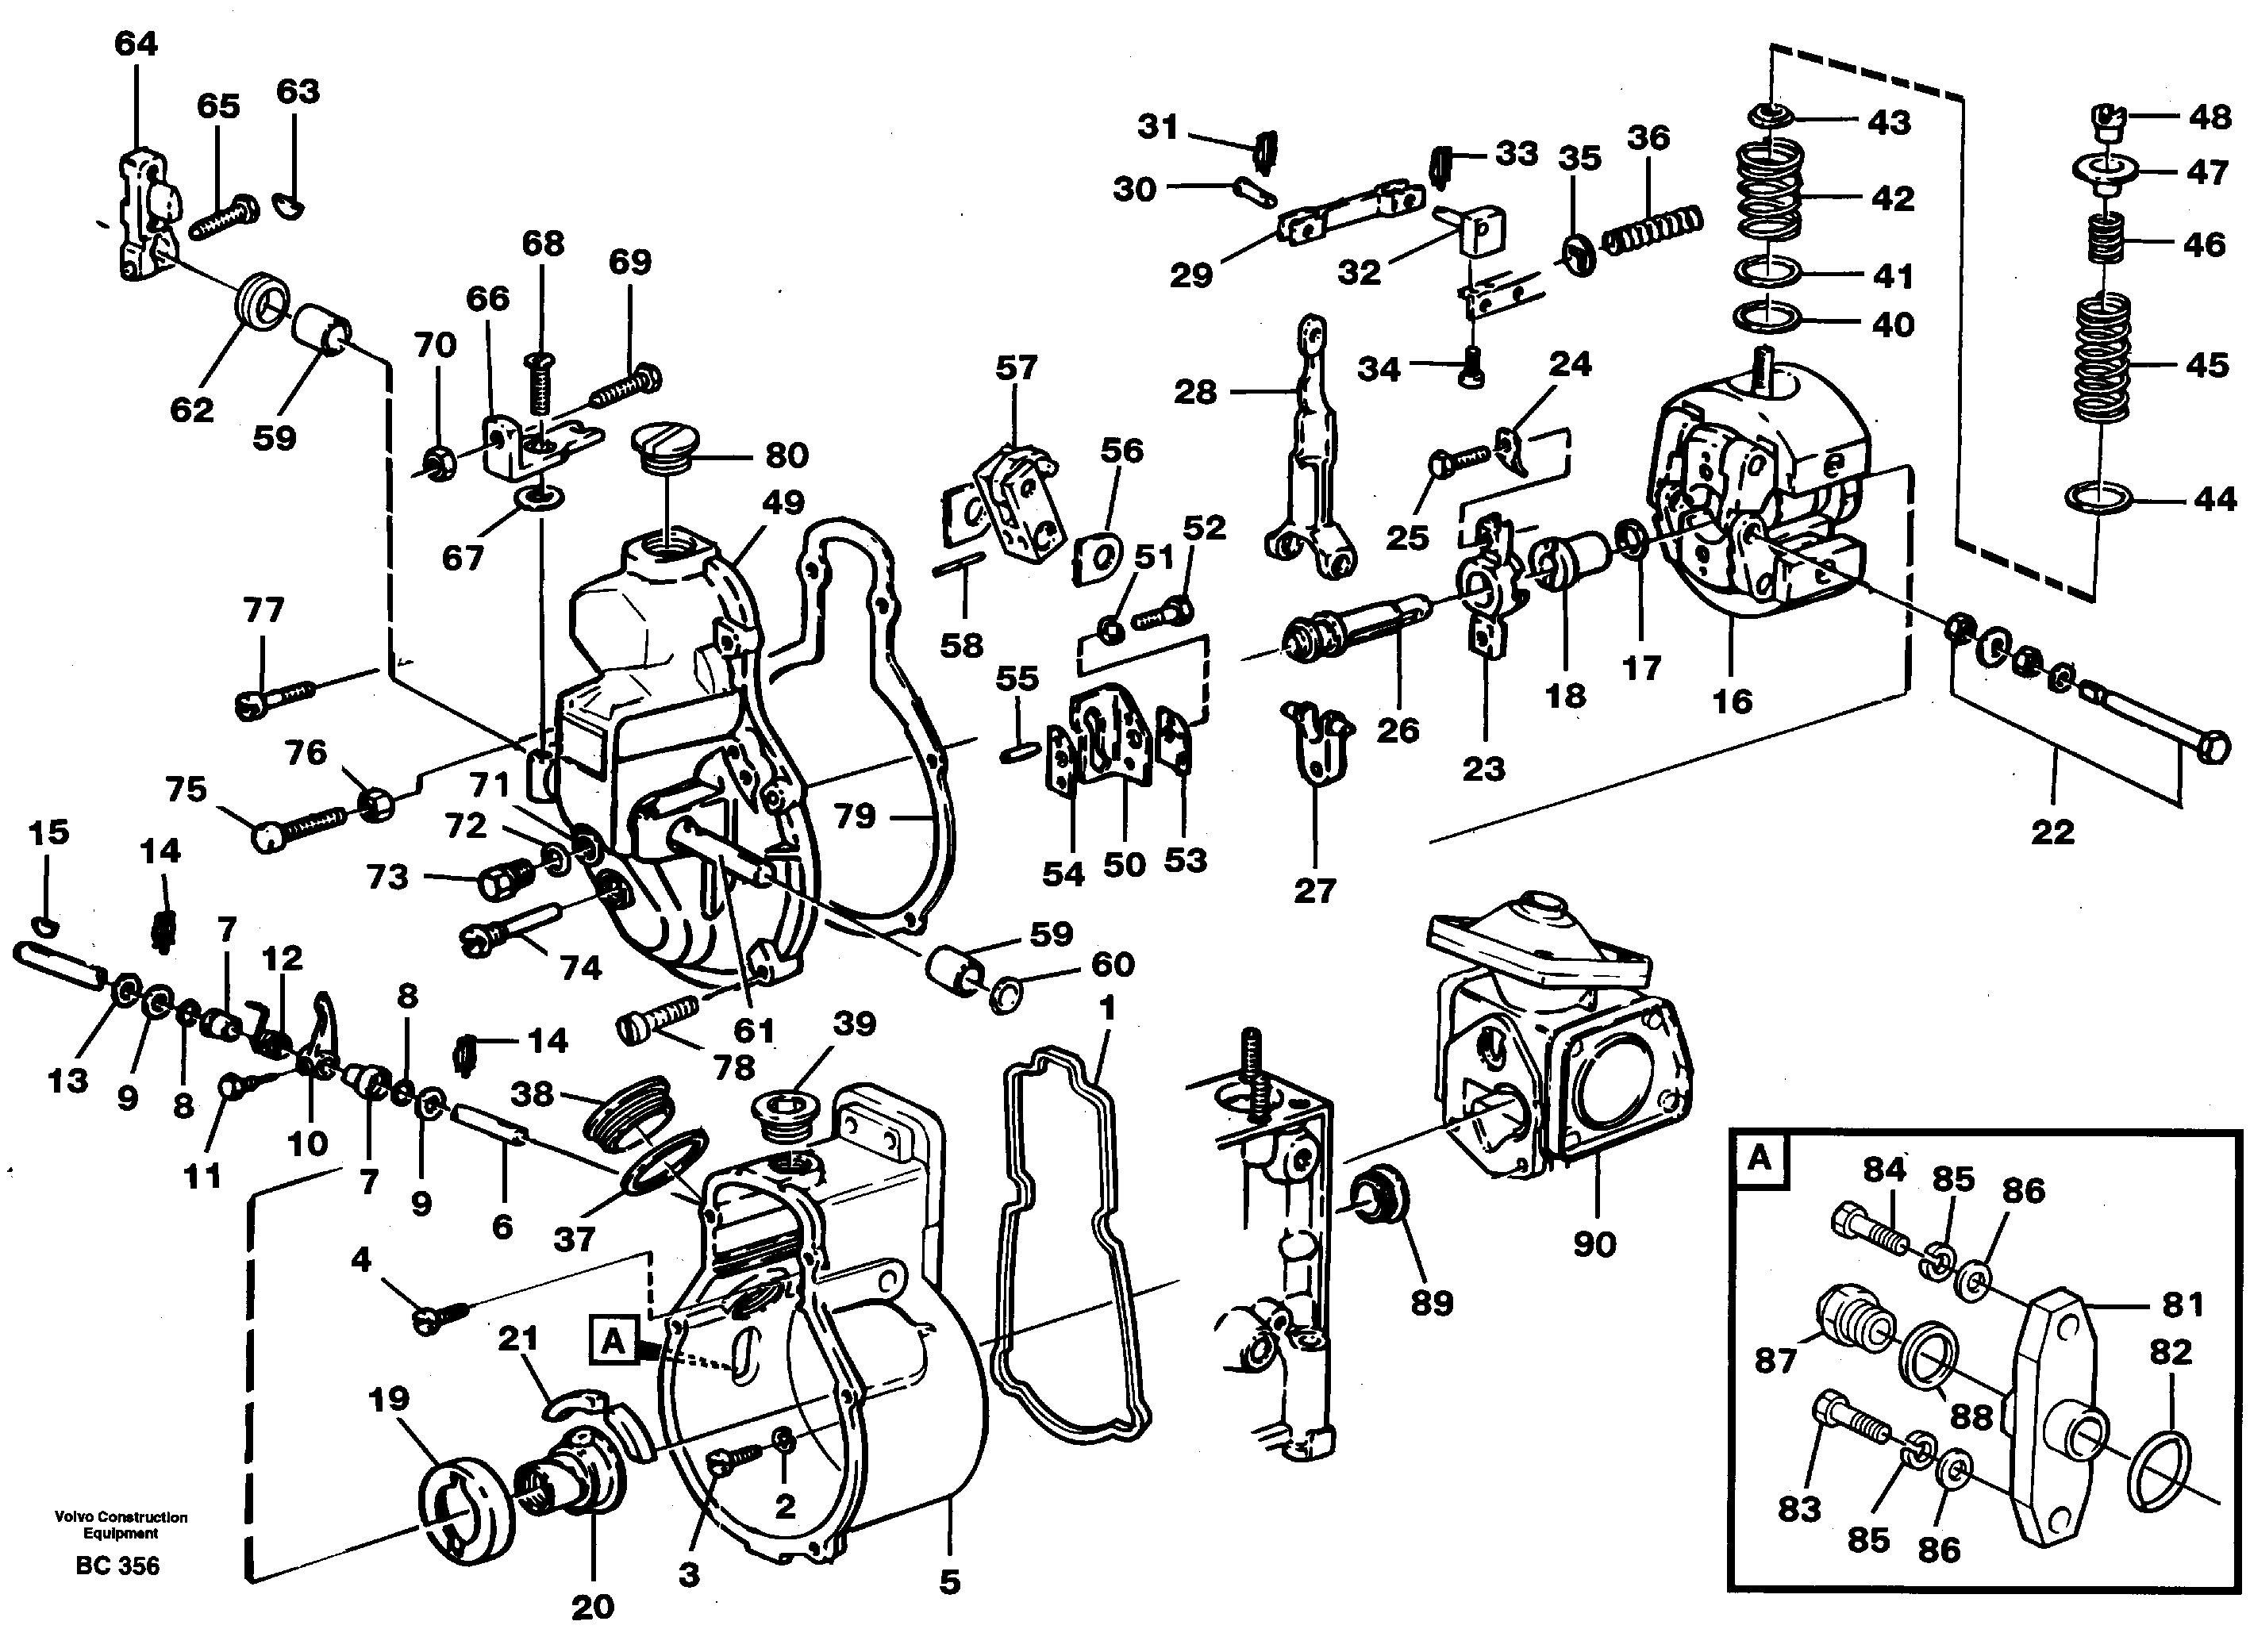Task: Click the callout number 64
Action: point(136,44)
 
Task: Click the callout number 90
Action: point(1594,1243)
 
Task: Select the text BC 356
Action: point(117,1566)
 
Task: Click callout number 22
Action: point(2052,832)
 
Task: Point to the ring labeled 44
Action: point(2096,499)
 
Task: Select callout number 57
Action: point(1016,368)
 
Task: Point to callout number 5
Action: point(949,1581)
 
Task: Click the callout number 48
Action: point(2210,117)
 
